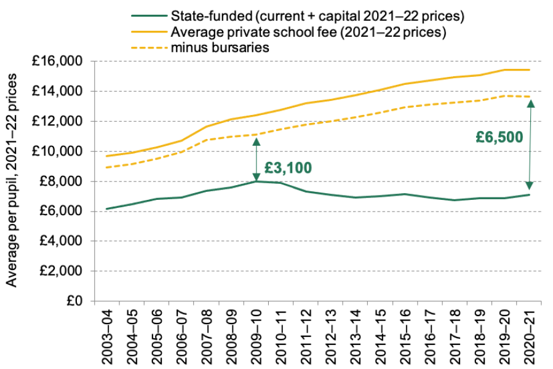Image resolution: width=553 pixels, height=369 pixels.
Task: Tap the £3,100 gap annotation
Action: pos(288,167)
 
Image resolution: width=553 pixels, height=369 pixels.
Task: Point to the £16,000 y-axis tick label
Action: pos(60,61)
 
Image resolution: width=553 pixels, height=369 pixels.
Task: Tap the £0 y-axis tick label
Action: pos(77,301)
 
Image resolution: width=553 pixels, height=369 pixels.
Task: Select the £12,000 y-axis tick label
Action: pos(60,122)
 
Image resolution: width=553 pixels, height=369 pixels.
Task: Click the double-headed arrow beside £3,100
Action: pos(257,158)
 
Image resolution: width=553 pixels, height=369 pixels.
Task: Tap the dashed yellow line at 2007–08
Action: pos(206,140)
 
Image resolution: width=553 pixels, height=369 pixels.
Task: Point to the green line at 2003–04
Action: pos(106,208)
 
